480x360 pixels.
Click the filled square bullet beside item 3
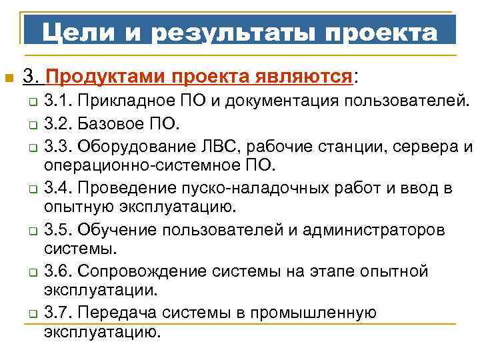pyautogui.click(x=9, y=79)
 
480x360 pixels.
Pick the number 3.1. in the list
pyautogui.click(x=58, y=101)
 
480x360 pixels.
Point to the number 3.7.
pyautogui.click(x=58, y=313)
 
